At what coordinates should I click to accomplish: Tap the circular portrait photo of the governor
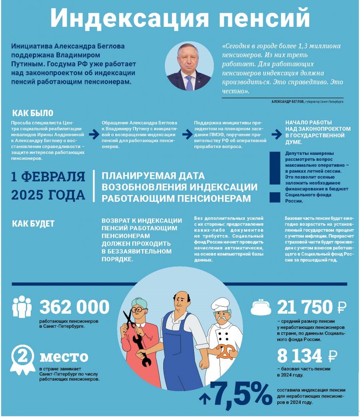(189, 66)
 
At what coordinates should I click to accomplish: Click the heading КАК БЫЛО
(32, 113)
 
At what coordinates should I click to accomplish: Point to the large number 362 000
(74, 307)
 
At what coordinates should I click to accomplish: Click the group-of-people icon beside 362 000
(22, 307)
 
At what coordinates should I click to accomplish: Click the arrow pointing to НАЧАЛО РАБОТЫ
(276, 135)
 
